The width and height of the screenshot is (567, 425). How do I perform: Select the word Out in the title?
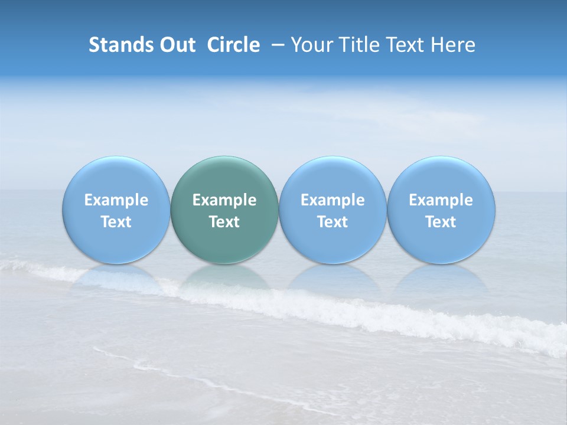[x=176, y=45]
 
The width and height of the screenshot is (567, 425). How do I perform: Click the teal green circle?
[x=224, y=177]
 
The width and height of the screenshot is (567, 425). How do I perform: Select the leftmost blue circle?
[x=116, y=177]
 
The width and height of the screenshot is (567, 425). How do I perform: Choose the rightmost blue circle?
[x=441, y=177]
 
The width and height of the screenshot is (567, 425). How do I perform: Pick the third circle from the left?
[x=333, y=177]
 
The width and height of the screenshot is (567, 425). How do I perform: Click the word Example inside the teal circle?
[x=224, y=200]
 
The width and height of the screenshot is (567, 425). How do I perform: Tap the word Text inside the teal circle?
[x=224, y=222]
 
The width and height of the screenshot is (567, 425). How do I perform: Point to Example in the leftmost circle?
[x=116, y=200]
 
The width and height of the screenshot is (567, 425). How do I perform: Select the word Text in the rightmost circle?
[x=441, y=222]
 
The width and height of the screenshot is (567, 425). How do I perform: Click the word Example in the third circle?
[x=333, y=200]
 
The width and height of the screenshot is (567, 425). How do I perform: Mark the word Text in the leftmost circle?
[x=116, y=222]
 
